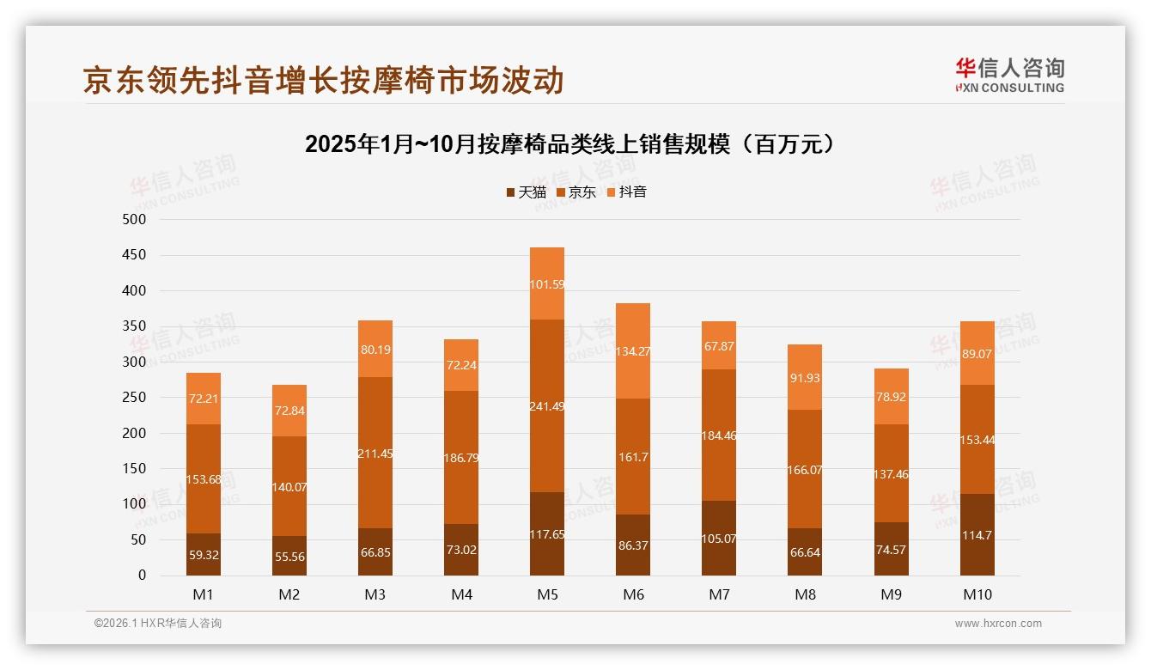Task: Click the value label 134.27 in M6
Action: [x=633, y=350]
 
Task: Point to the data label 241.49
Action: [x=547, y=406]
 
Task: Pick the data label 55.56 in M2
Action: [x=289, y=557]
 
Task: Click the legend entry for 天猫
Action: [x=526, y=192]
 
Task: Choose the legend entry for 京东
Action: [x=576, y=192]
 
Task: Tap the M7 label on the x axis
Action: [x=719, y=594]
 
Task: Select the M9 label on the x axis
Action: [x=891, y=594]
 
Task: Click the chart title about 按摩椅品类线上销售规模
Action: [x=570, y=143]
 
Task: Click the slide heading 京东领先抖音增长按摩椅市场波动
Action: [x=323, y=80]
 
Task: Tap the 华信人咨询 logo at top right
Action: [x=1009, y=75]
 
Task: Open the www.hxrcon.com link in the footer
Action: [x=997, y=624]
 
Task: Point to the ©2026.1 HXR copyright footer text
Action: [x=158, y=624]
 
